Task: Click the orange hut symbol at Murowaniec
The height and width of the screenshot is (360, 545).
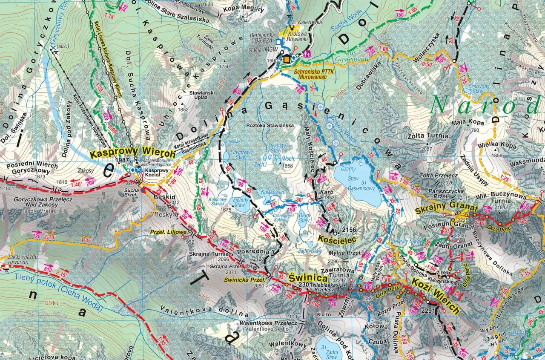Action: (287, 59)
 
